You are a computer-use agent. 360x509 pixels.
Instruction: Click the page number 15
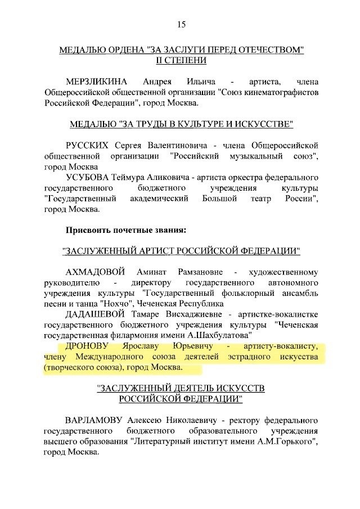(181, 24)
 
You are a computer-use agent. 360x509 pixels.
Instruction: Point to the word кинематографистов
(280, 91)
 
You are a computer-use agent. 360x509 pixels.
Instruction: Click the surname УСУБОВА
(91, 178)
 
